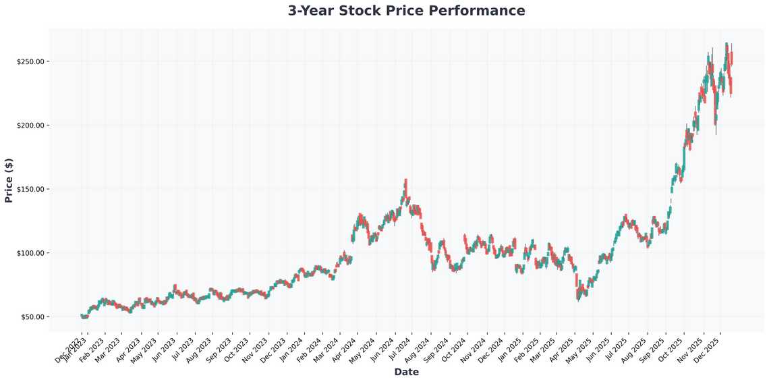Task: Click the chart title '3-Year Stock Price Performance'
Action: (406, 11)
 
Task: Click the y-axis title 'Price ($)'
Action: (9, 180)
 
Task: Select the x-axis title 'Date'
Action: (406, 372)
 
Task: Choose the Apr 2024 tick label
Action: (346, 350)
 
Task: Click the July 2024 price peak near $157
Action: (405, 181)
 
